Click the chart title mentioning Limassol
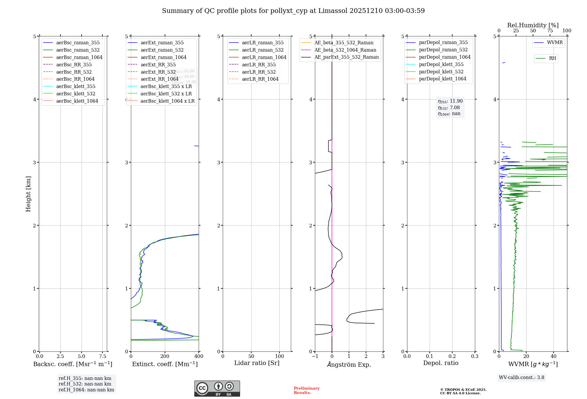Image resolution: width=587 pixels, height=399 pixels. pyautogui.click(x=293, y=11)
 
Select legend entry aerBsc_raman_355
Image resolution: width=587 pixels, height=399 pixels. pyautogui.click(x=78, y=43)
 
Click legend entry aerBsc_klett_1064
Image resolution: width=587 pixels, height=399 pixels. pyautogui.click(x=77, y=101)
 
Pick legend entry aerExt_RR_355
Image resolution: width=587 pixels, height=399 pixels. pyautogui.click(x=158, y=65)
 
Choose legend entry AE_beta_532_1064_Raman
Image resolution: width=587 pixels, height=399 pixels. pyautogui.click(x=345, y=50)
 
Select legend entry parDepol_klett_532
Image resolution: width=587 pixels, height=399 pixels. pyautogui.click(x=441, y=72)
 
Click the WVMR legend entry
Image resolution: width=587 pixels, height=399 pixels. pyautogui.click(x=555, y=43)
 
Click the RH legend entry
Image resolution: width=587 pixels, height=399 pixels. pyautogui.click(x=552, y=58)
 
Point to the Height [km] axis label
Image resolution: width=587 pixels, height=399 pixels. pyautogui.click(x=28, y=194)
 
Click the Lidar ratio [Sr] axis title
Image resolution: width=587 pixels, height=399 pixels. pyautogui.click(x=257, y=363)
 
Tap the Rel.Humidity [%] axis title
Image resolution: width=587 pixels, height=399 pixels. pyautogui.click(x=533, y=25)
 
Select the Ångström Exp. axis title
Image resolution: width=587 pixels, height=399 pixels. pyautogui.click(x=349, y=364)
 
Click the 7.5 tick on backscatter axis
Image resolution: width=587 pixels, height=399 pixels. pyautogui.click(x=102, y=356)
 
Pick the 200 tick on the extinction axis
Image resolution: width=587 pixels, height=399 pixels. pyautogui.click(x=165, y=356)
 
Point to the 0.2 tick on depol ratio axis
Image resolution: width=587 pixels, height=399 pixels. pyautogui.click(x=452, y=356)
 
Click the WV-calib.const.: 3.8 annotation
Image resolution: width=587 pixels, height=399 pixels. pyautogui.click(x=521, y=378)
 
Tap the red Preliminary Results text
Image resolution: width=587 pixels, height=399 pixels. pyautogui.click(x=306, y=390)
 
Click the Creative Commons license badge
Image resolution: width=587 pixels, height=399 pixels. pyautogui.click(x=217, y=389)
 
